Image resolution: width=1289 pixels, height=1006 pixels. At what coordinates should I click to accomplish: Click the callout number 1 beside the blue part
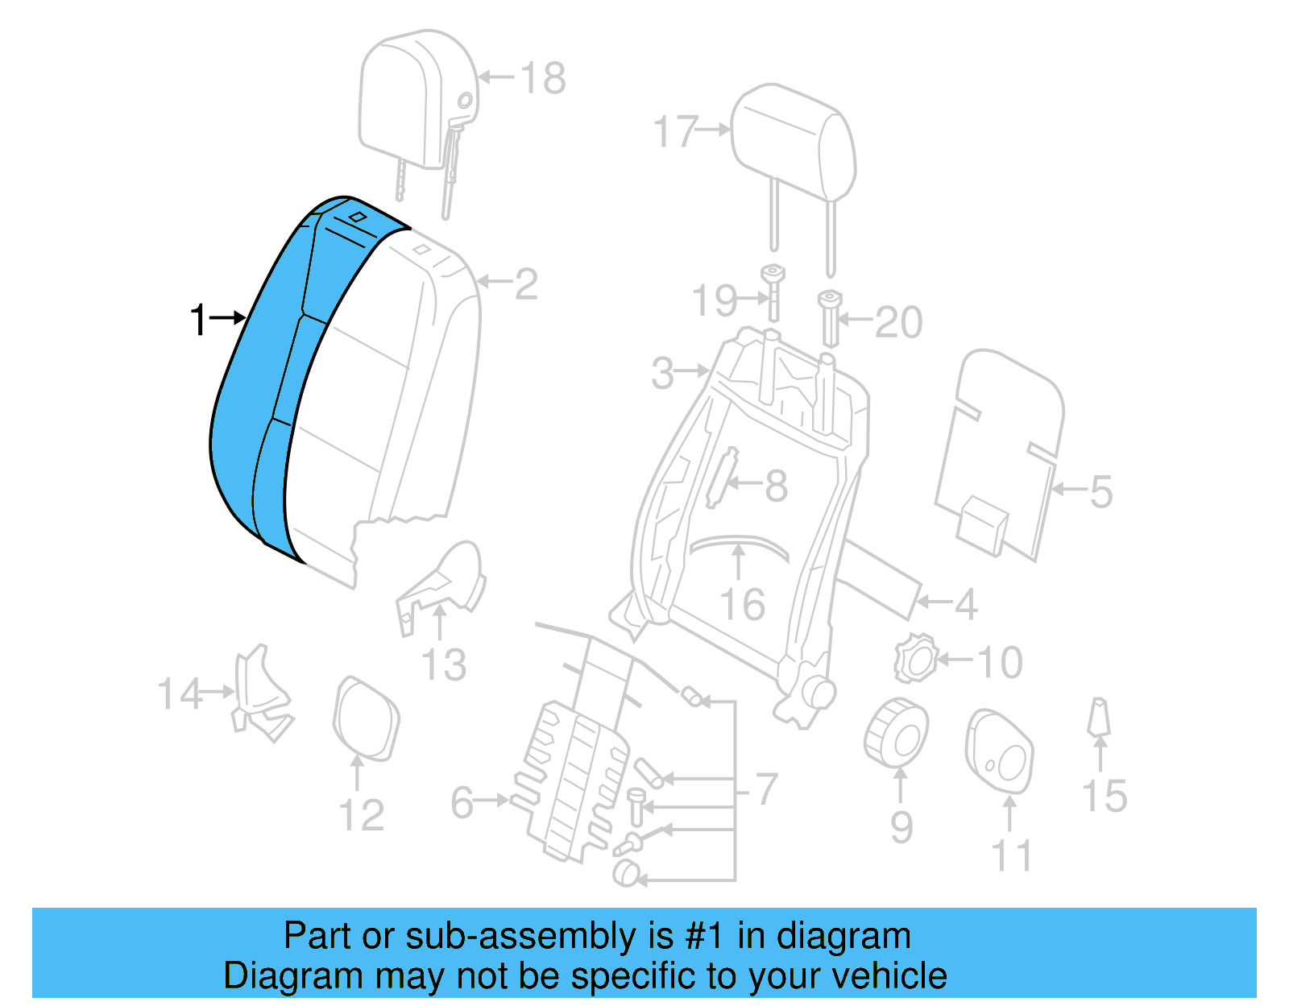click(198, 320)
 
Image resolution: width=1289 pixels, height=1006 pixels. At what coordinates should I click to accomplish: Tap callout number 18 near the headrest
click(543, 78)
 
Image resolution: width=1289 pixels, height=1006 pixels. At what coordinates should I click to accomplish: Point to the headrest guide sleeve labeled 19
click(773, 294)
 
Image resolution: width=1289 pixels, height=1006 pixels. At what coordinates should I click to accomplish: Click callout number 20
click(898, 322)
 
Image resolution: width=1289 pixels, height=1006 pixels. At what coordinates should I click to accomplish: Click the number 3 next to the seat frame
click(662, 374)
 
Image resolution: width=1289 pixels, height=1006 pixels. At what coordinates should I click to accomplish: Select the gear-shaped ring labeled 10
click(916, 659)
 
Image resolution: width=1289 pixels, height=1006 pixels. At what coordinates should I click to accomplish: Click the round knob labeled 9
click(896, 733)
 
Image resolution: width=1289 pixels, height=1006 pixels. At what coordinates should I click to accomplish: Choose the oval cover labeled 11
click(999, 749)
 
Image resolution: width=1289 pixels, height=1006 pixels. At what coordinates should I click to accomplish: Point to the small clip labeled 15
click(1098, 717)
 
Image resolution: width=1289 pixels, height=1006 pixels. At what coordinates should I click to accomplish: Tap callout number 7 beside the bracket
click(766, 789)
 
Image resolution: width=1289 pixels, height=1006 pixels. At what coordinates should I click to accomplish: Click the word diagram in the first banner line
click(843, 936)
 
